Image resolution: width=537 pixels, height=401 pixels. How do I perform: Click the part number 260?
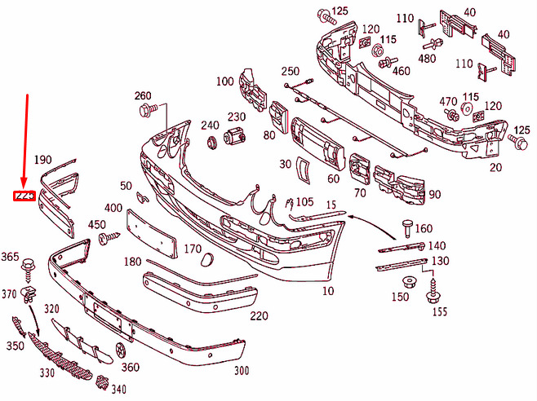coord(144,96)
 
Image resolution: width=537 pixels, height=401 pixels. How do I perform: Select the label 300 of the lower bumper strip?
coord(241,371)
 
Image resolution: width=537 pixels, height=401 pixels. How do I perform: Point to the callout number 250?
coord(291,72)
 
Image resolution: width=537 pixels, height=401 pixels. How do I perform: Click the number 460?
coord(401,71)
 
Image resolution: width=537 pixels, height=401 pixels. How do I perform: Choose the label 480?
coord(426,58)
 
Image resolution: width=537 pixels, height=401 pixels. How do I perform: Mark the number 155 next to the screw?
coord(440,311)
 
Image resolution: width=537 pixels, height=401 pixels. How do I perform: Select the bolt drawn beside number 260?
coord(147,109)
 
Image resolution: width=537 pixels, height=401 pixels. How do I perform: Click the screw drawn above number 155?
coord(432,290)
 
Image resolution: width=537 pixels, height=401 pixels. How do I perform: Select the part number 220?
coord(259,316)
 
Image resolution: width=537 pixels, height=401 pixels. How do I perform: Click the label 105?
coord(304,202)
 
